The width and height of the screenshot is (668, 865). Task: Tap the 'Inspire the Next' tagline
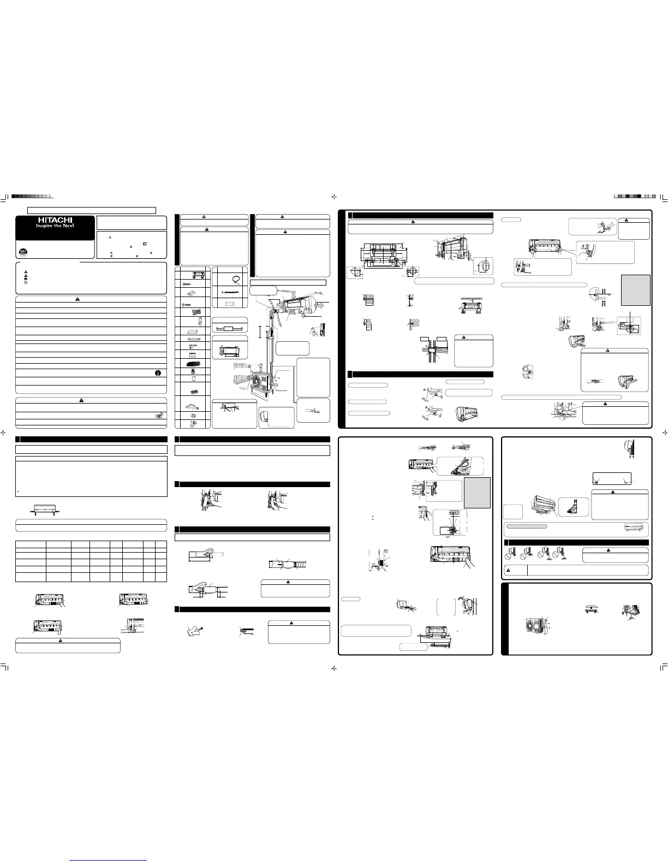[55, 226]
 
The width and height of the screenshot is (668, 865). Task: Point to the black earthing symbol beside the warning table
[157, 374]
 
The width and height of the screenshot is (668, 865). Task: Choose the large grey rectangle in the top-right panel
[636, 289]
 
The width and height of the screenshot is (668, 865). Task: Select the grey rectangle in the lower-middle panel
[477, 493]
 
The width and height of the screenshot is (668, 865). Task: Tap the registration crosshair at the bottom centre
[334, 667]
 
